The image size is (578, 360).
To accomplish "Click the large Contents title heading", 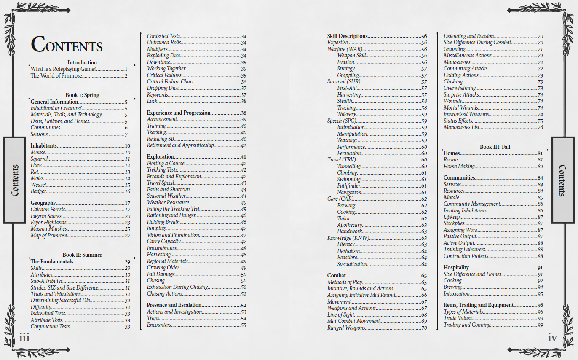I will [67, 45].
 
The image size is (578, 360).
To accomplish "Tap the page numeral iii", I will [24, 337].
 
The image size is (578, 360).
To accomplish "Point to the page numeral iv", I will [552, 338].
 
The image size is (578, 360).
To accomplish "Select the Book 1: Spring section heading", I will [82, 95].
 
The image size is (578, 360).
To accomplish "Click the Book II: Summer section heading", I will [82, 255].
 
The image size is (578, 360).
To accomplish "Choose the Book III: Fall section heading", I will [495, 147].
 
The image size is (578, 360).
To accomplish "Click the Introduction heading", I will [82, 62].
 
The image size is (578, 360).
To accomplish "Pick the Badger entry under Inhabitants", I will [38, 191].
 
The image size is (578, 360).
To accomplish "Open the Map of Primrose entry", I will [49, 236].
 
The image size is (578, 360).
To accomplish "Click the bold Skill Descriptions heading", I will [348, 36].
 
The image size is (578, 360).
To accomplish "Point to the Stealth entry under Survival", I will [345, 101].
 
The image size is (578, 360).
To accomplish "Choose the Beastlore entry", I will [347, 258].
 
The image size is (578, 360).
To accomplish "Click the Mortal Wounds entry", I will [461, 108].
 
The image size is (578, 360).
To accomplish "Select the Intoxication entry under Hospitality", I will [457, 294].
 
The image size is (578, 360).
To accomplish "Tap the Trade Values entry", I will [458, 318].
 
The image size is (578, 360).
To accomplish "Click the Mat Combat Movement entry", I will [353, 321].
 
